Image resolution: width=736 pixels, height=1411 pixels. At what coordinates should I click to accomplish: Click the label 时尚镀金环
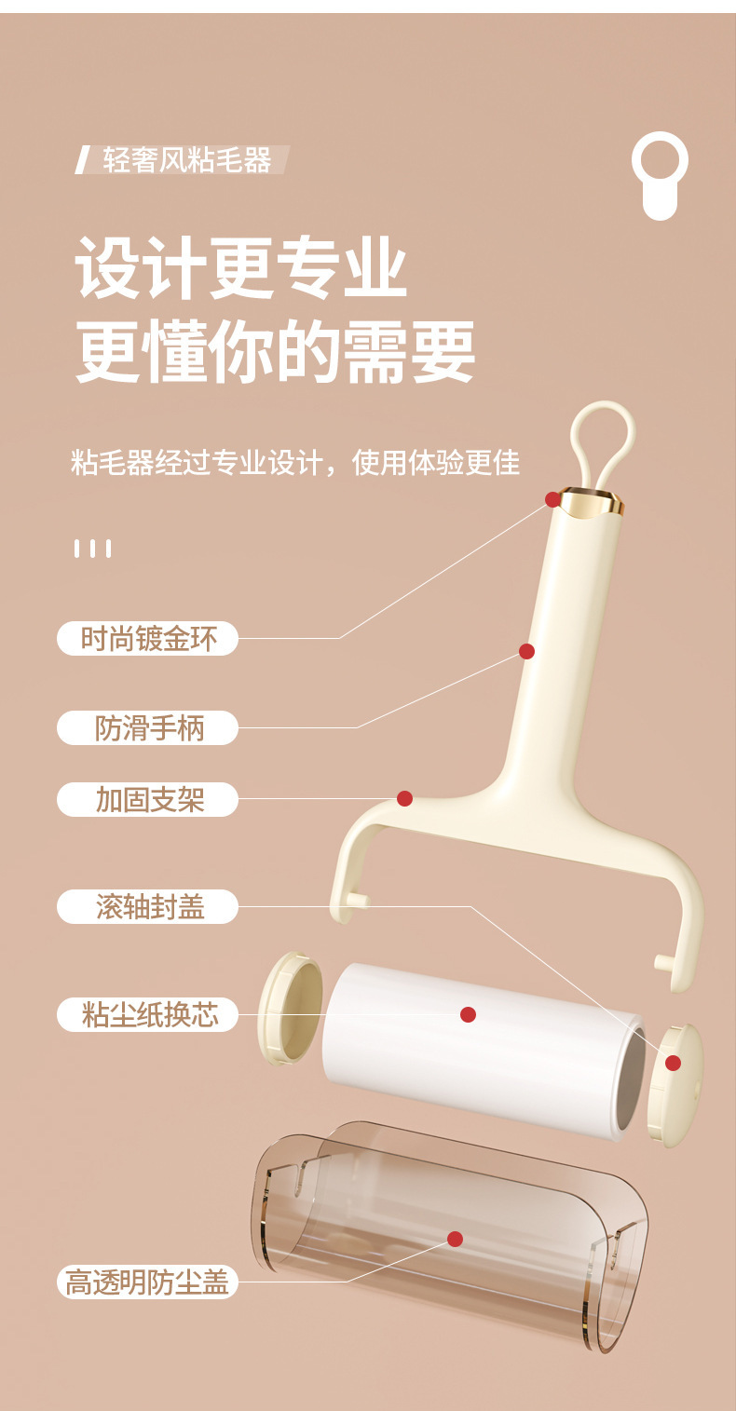(x=148, y=639)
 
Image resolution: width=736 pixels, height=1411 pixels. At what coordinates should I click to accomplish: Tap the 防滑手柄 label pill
(x=148, y=727)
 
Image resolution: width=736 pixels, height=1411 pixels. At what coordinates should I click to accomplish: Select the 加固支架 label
(x=148, y=799)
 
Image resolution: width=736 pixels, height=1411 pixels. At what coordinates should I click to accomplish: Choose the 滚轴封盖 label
(x=148, y=906)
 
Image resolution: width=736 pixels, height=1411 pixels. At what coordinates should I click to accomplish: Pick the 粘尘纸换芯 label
(x=148, y=1014)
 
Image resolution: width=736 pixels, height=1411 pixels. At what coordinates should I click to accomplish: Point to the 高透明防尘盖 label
(x=148, y=1282)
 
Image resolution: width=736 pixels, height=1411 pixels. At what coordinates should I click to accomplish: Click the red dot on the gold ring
(x=552, y=499)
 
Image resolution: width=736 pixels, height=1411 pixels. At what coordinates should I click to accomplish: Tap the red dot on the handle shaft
(x=526, y=651)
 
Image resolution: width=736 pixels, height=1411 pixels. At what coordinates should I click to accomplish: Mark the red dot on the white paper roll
(x=468, y=1014)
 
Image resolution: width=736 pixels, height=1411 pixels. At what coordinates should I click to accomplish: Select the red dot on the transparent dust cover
(x=455, y=1239)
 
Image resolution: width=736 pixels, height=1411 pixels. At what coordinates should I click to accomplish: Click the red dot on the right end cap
(x=673, y=1063)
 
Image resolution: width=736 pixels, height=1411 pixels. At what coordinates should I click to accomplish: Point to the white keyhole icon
(x=660, y=175)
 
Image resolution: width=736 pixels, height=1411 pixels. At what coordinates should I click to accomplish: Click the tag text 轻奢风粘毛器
(x=185, y=160)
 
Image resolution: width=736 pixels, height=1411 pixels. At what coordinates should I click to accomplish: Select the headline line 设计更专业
(x=241, y=268)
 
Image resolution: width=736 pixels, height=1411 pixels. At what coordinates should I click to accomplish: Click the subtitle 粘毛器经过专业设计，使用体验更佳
(x=294, y=463)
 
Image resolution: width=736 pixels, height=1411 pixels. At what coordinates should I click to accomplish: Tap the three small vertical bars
(x=93, y=549)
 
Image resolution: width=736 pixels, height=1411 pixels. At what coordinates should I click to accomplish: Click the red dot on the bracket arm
(x=404, y=798)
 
